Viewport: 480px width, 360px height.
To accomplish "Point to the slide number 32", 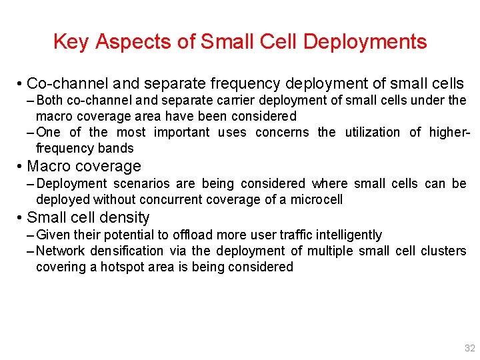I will (x=469, y=349).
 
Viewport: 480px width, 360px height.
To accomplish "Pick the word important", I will (x=181, y=132).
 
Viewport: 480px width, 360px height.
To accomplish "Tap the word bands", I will (x=117, y=148).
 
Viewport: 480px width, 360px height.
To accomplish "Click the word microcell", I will (x=316, y=199).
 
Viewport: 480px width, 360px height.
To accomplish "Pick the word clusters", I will (x=443, y=251).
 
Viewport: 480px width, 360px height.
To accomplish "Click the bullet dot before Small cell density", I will (x=21, y=218).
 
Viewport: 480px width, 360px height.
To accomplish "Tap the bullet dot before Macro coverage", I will (x=21, y=167).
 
